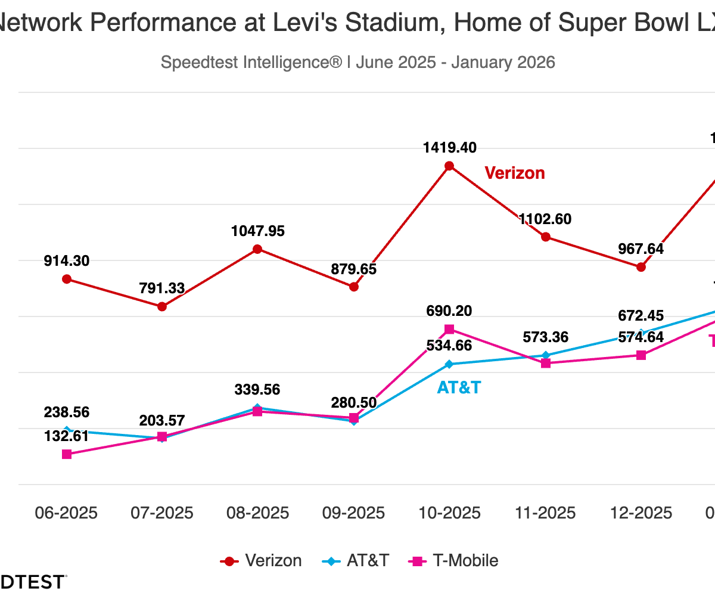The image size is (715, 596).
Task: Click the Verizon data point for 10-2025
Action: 450,166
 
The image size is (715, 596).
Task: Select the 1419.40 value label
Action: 450,148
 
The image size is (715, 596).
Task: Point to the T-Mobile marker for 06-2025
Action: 67,454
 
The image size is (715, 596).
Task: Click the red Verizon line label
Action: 515,173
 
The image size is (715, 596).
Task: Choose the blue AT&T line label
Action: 459,387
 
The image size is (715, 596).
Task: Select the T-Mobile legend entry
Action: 453,561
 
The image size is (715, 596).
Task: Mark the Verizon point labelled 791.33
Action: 162,306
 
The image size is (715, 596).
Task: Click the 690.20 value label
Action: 449,311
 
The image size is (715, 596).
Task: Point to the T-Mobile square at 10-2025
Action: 450,330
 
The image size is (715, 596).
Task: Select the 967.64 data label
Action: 641,249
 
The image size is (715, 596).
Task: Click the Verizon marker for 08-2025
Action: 257,249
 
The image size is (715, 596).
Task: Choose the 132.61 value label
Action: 66,436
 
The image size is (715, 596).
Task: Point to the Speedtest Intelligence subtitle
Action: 357,62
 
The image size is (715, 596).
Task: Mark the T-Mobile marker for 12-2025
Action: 641,355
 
